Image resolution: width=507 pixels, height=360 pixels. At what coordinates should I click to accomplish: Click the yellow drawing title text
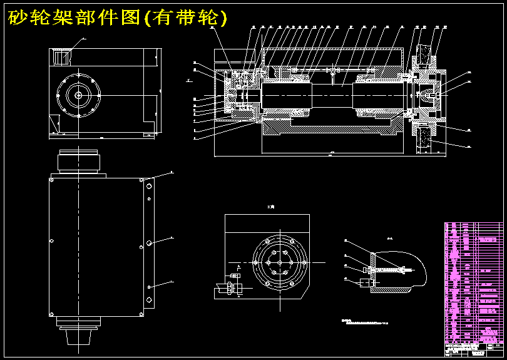117,18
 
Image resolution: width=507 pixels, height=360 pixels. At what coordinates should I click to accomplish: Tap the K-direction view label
270,207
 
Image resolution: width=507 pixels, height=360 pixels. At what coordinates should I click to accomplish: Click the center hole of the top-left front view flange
79,95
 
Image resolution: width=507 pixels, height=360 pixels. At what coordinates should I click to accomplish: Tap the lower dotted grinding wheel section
428,139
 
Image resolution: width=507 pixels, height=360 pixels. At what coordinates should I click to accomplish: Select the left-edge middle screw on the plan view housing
52,241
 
